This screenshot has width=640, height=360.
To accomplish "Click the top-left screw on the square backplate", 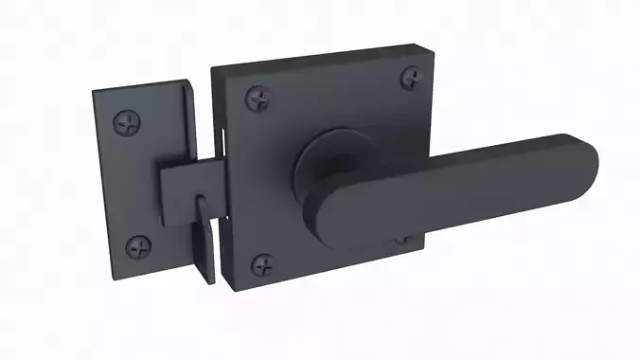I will (x=258, y=97).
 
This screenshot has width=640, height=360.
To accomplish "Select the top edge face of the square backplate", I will (x=312, y=54).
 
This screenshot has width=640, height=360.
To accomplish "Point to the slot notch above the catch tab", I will (x=202, y=205).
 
